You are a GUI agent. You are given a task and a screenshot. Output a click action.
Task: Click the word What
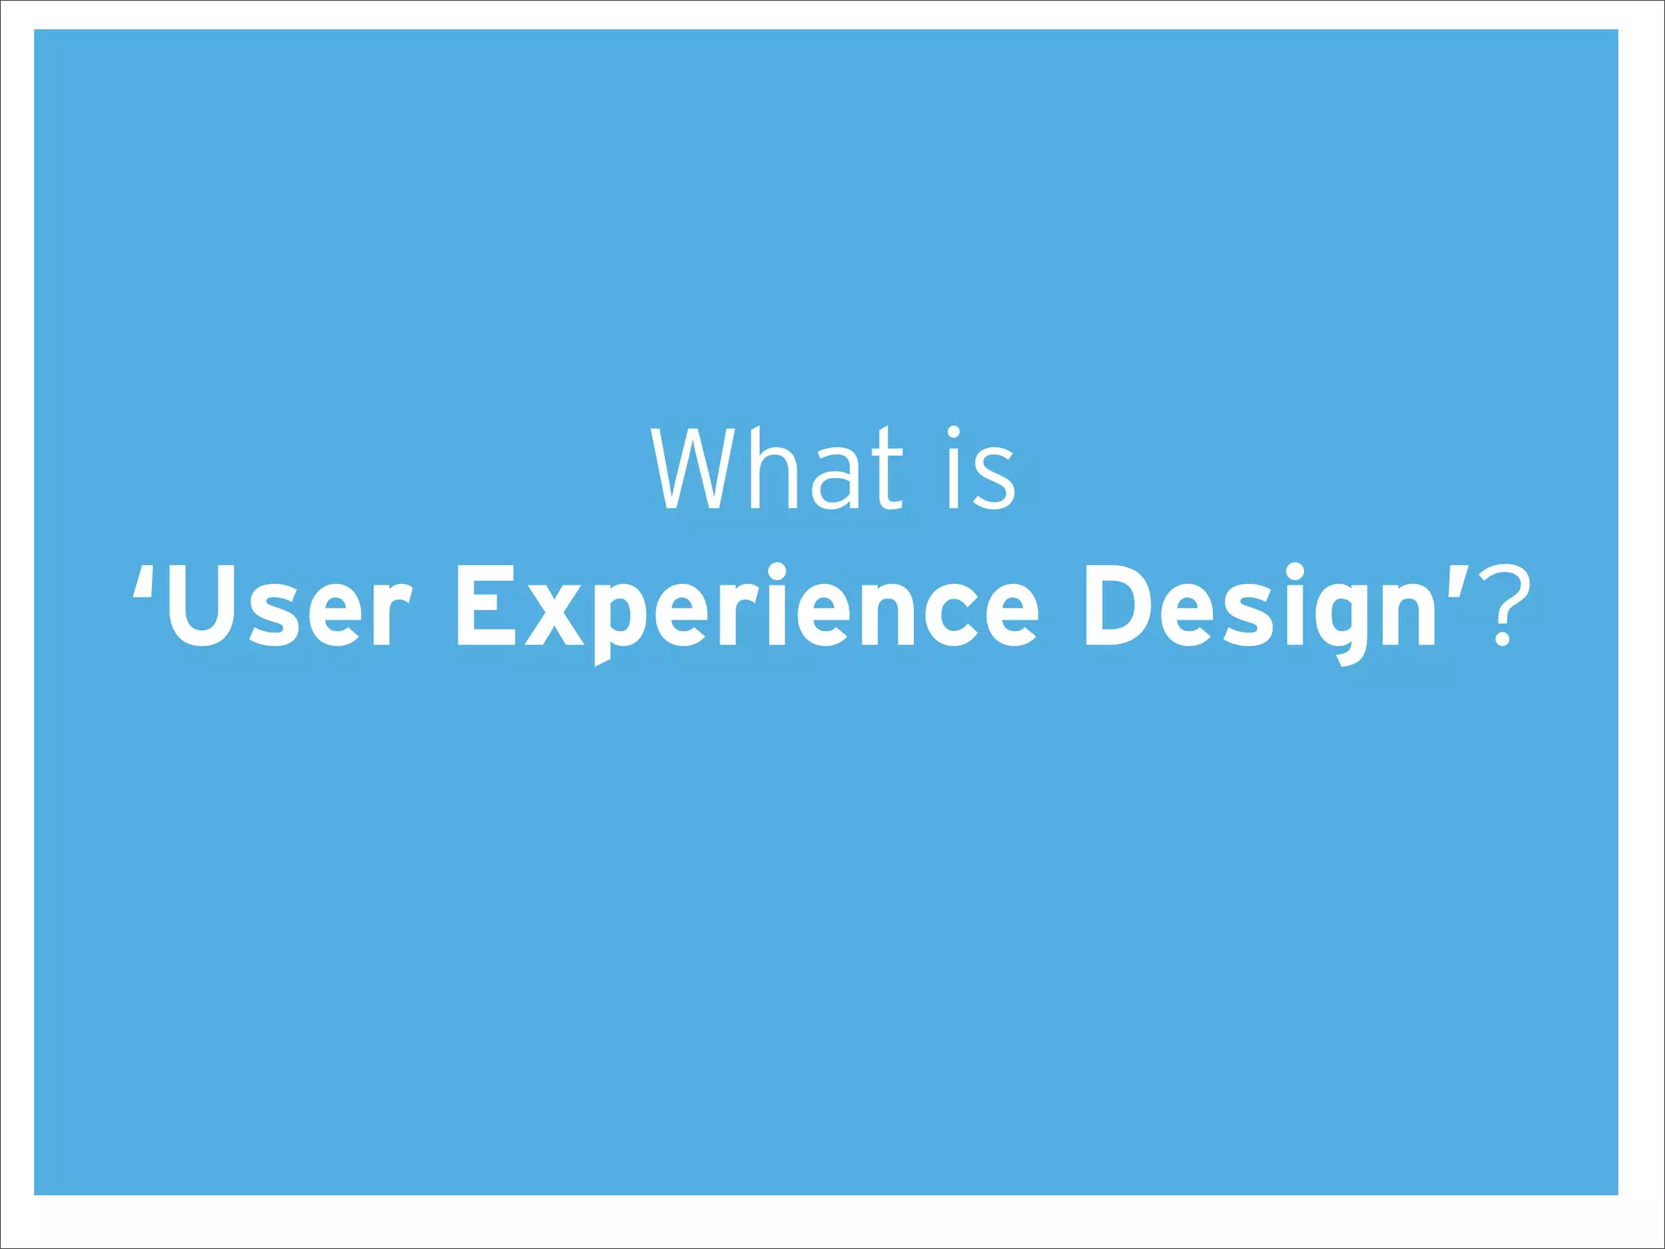pos(776,469)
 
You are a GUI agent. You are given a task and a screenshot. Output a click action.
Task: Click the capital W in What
pos(699,469)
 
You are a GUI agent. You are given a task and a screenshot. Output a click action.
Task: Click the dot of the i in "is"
pos(954,433)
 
